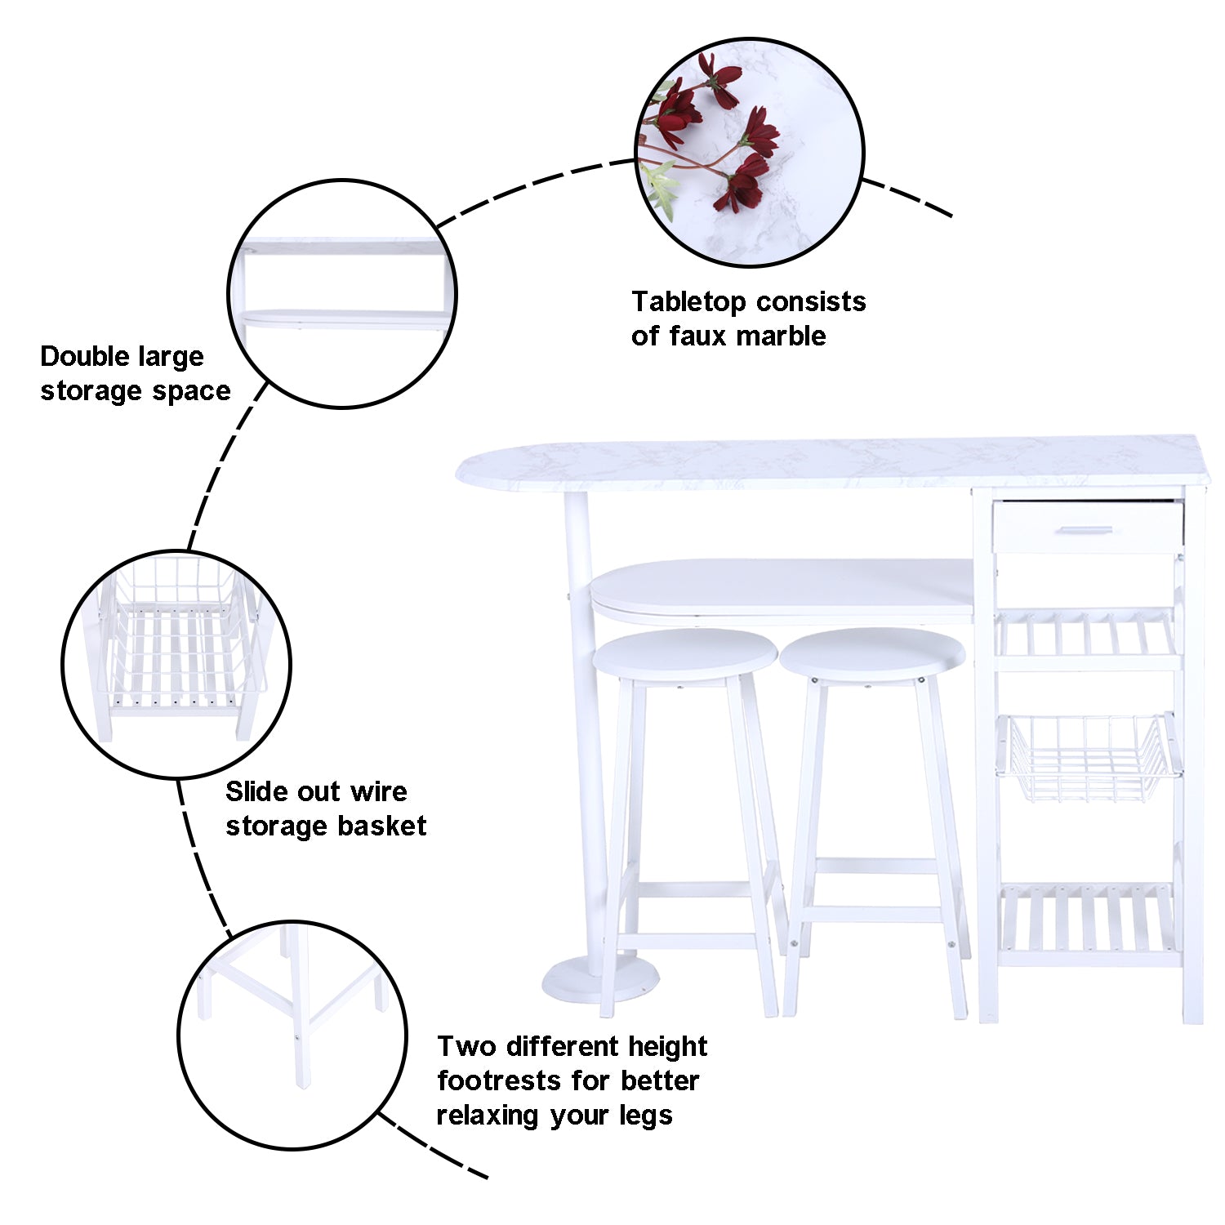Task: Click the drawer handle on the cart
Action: (1085, 530)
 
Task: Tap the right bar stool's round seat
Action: (872, 654)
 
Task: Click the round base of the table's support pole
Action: (600, 980)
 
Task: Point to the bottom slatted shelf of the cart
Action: (1089, 923)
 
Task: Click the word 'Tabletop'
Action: (684, 302)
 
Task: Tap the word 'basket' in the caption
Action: (382, 826)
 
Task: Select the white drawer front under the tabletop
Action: (1088, 527)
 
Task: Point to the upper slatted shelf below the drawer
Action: (1089, 637)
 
